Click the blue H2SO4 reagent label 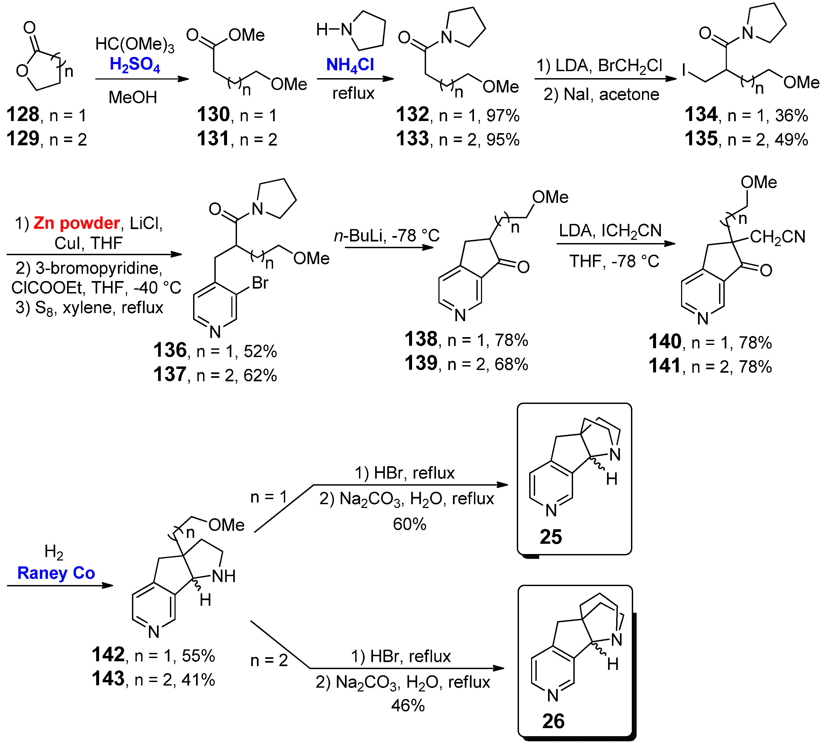[135, 65]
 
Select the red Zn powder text [76, 223]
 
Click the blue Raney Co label [56, 573]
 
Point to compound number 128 [23, 115]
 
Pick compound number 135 [701, 139]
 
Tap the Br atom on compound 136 [260, 283]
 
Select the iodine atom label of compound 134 [684, 70]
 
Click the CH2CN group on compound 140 [777, 237]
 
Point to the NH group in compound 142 [224, 576]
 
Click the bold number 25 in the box [551, 537]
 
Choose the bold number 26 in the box [553, 721]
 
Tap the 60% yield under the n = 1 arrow [409, 524]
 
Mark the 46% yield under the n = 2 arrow [408, 705]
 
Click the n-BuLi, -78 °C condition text [387, 236]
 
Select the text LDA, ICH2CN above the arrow [610, 231]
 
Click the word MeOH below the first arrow [133, 97]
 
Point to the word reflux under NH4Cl [353, 94]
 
